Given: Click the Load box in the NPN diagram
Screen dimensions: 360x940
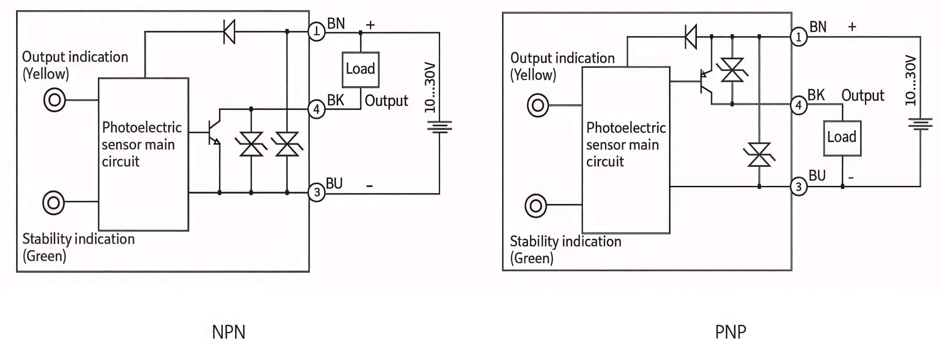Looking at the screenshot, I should click(x=361, y=70).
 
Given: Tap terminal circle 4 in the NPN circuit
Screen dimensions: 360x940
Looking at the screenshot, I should click(x=316, y=109).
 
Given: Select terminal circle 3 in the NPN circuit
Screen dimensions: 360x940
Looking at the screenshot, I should click(x=316, y=192).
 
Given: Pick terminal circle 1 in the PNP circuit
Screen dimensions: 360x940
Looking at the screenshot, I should click(x=798, y=37).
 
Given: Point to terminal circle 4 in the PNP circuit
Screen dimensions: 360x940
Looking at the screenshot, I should click(x=798, y=105).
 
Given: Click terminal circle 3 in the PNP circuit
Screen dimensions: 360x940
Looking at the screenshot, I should click(x=798, y=187).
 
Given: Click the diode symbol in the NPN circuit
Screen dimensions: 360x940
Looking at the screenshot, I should click(x=229, y=32).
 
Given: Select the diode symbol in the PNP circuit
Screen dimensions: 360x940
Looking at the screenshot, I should click(x=691, y=37).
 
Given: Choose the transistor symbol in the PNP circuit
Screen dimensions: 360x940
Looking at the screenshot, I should click(x=706, y=82).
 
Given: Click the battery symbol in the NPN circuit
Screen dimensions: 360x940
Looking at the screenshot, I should click(x=440, y=127).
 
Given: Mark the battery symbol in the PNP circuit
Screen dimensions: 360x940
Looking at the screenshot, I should click(x=920, y=124).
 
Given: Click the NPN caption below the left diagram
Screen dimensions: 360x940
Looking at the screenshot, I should click(x=229, y=332).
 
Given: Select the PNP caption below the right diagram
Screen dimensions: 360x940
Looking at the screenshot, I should click(x=731, y=332).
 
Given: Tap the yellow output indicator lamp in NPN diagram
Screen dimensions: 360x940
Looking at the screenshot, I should click(x=54, y=100).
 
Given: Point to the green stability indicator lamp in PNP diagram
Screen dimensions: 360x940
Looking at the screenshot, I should click(x=536, y=206).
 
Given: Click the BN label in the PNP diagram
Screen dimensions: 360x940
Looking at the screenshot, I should click(x=818, y=27).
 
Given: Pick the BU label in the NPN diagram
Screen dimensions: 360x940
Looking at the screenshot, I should click(x=334, y=183).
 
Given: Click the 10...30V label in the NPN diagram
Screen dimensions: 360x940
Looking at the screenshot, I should click(x=430, y=88).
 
